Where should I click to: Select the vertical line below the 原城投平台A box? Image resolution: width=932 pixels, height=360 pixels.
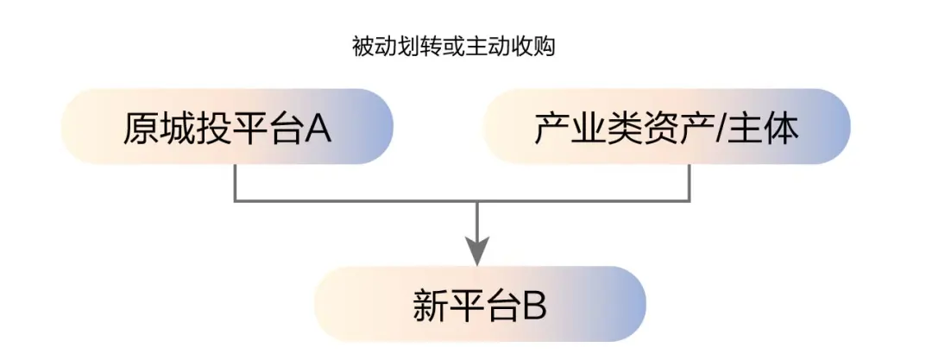pos(236,182)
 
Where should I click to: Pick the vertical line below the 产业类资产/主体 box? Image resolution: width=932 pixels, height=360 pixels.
pos(689,182)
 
